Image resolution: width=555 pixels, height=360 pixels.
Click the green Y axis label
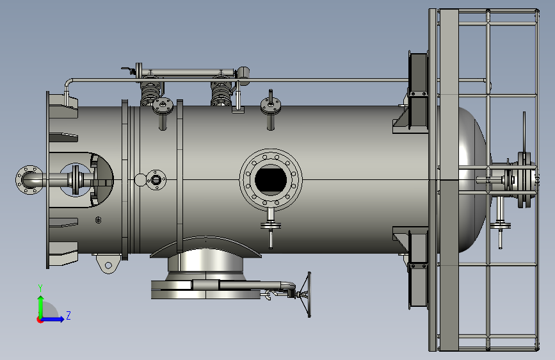pos(40,288)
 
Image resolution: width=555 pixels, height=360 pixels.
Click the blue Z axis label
pos(68,315)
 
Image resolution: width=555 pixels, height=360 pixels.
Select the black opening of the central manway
pos(271,179)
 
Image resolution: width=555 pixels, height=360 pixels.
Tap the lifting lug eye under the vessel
pos(108,265)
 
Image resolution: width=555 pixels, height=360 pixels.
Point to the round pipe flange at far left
pos(28,179)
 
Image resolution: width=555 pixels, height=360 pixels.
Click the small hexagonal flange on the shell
pos(156,179)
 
